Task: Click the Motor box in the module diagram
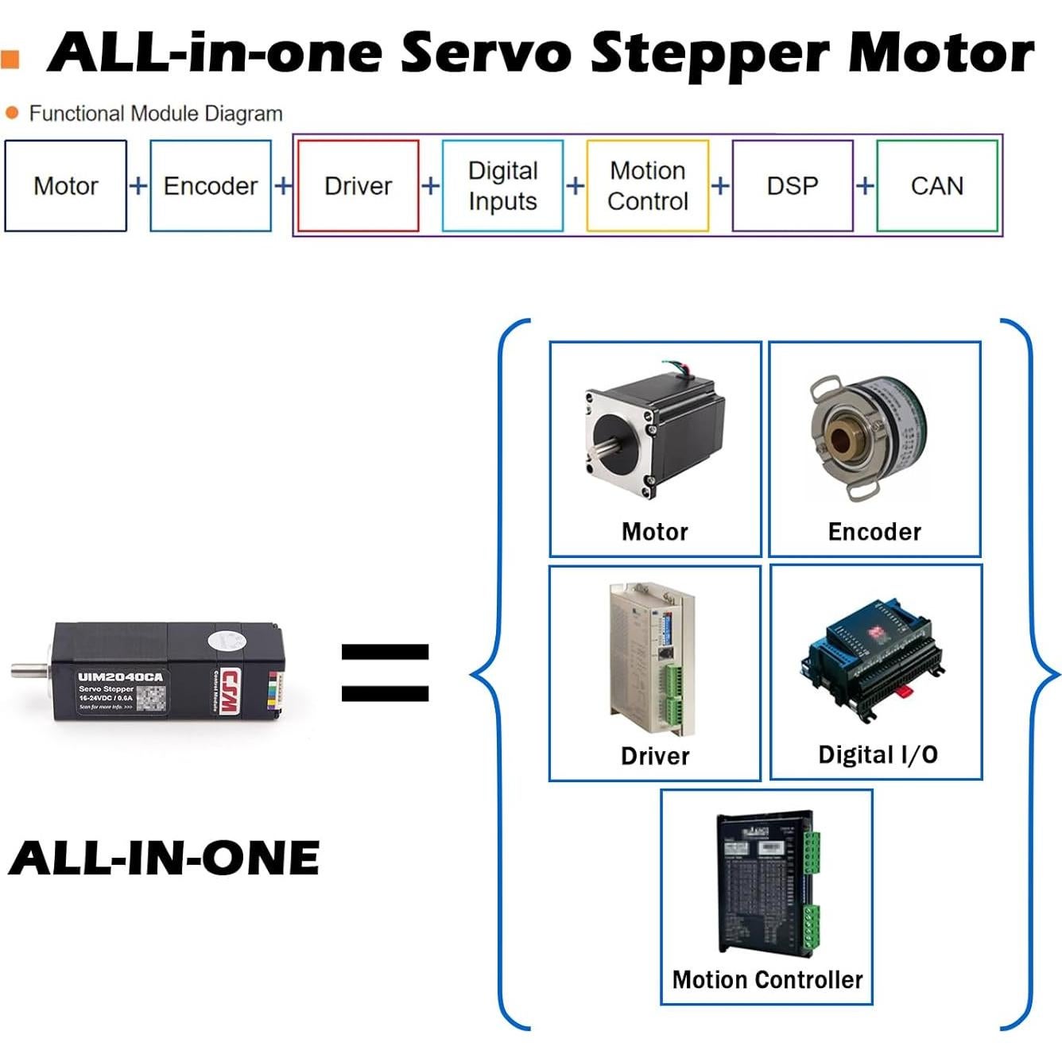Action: pos(66,186)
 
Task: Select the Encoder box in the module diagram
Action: pos(211,186)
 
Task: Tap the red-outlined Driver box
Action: pos(358,186)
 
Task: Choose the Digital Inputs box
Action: pos(502,186)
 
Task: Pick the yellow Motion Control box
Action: pos(647,186)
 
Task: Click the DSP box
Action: pos(793,186)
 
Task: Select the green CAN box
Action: pos(937,186)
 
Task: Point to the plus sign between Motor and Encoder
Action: pos(138,186)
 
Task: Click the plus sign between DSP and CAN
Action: pos(865,186)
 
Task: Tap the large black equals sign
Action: pos(385,672)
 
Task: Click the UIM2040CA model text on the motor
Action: pos(120,677)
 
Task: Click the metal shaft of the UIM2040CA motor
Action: pos(29,670)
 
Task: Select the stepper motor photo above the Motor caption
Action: pos(655,434)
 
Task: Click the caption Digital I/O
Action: pos(878,754)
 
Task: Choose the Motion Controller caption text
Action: pos(767,979)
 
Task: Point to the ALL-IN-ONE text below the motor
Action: pos(165,859)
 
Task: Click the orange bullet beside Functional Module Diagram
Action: pos(12,113)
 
